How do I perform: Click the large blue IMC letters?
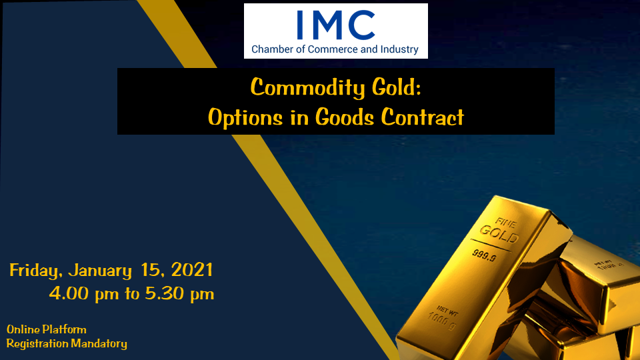(x=336, y=25)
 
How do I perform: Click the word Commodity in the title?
(x=307, y=88)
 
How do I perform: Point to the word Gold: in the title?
(x=396, y=87)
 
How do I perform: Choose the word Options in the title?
(x=245, y=118)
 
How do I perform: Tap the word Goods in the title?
(x=345, y=117)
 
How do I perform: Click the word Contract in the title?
(x=423, y=117)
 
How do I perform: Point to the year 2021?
(x=192, y=270)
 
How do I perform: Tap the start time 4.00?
(x=69, y=293)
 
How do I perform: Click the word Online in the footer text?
(x=23, y=329)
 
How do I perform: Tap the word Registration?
(x=37, y=344)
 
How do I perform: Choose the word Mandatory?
(x=99, y=344)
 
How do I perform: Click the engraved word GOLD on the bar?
(x=499, y=234)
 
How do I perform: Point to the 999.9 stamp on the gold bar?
(x=485, y=256)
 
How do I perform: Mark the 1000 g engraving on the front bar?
(x=441, y=321)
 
